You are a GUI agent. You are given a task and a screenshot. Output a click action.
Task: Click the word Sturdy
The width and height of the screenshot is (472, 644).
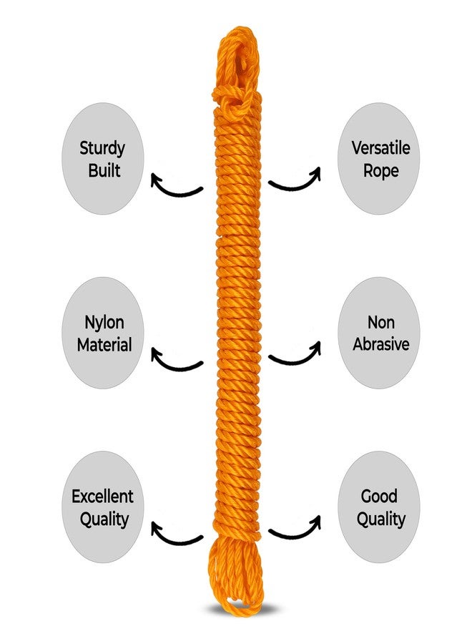click(x=102, y=149)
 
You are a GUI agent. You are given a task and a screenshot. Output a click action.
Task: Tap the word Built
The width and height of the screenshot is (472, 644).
click(x=104, y=170)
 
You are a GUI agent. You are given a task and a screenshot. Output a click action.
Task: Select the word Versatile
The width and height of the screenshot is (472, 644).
click(x=380, y=148)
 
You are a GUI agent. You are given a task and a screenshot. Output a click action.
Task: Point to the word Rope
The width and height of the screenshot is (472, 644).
click(x=380, y=171)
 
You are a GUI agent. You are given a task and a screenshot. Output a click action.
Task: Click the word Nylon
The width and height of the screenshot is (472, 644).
click(x=104, y=323)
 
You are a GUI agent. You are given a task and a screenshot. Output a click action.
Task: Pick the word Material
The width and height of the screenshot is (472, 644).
click(x=104, y=345)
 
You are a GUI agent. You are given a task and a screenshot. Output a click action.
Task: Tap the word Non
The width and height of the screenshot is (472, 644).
click(x=381, y=323)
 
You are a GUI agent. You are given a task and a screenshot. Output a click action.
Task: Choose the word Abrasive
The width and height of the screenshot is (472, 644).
click(x=381, y=344)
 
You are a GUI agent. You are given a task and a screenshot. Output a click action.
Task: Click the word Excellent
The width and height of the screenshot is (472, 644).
click(x=102, y=497)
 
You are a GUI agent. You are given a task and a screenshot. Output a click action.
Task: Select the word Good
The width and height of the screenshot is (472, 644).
click(x=379, y=496)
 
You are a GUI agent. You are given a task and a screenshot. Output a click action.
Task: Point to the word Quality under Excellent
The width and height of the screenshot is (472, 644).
click(x=104, y=519)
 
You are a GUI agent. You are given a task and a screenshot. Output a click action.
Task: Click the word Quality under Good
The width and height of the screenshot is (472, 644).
click(x=381, y=519)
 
